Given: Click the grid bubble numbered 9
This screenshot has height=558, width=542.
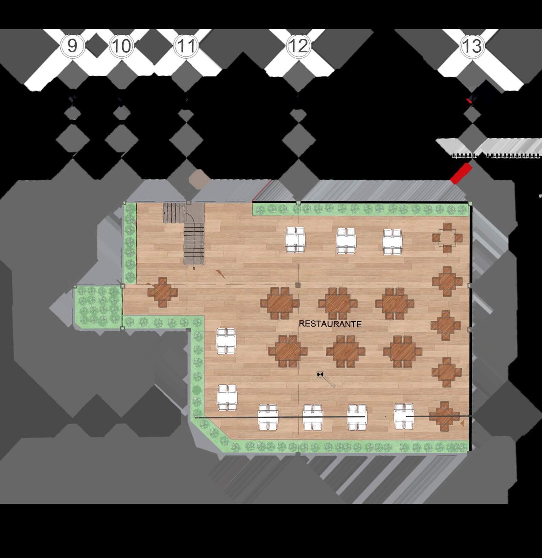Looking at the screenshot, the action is pyautogui.click(x=72, y=46).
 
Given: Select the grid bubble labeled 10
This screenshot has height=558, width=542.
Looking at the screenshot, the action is pyautogui.click(x=122, y=46).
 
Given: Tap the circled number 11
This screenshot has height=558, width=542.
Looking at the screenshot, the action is pyautogui.click(x=186, y=46).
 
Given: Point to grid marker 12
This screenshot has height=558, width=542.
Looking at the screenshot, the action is pyautogui.click(x=299, y=46).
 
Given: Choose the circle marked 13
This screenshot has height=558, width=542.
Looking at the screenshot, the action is pyautogui.click(x=472, y=46).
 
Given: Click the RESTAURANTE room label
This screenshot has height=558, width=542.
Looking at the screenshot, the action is pyautogui.click(x=330, y=324).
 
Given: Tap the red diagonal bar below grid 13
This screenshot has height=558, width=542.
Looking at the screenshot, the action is pyautogui.click(x=461, y=174).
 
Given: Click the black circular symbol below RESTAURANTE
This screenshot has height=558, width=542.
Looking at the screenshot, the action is pyautogui.click(x=320, y=375).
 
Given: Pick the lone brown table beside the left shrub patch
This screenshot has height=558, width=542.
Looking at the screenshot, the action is pyautogui.click(x=163, y=292).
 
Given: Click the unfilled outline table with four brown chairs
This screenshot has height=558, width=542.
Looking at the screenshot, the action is pyautogui.click(x=447, y=238).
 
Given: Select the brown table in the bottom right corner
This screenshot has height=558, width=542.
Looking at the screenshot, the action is pyautogui.click(x=444, y=416).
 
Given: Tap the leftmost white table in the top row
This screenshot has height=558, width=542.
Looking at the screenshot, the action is pyautogui.click(x=295, y=240).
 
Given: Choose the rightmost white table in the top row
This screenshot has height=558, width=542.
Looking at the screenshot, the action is pyautogui.click(x=392, y=242).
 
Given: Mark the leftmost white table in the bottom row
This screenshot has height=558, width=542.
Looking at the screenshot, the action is pyautogui.click(x=268, y=417).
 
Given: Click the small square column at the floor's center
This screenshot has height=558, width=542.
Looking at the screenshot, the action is pyautogui.click(x=298, y=285).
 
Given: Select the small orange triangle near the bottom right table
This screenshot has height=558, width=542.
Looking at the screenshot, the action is pyautogui.click(x=462, y=423).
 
